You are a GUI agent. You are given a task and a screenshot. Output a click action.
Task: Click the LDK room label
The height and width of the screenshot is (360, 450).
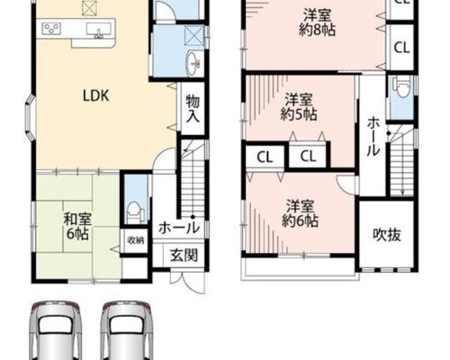tap(95, 95)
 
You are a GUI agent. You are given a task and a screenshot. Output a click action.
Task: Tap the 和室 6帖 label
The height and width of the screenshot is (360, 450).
tap(77, 226)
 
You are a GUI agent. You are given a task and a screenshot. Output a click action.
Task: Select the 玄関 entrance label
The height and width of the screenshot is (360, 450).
tap(184, 256)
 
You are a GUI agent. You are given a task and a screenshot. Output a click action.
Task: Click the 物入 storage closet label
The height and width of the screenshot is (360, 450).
tap(193, 109)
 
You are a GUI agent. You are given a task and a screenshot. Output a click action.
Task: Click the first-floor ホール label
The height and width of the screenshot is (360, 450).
tap(179, 228)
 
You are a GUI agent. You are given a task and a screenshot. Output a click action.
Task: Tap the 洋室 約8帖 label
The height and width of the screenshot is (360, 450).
tap(317, 22)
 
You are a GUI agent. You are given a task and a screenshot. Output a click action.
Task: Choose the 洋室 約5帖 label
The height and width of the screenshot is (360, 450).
tap(299, 107)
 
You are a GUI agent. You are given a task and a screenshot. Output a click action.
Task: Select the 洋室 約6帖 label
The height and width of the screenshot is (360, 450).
tap(300, 213)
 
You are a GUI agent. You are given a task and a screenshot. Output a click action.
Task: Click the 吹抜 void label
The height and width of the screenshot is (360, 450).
tap(387, 235)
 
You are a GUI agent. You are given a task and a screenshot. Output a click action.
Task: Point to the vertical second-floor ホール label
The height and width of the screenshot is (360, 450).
tap(373, 137)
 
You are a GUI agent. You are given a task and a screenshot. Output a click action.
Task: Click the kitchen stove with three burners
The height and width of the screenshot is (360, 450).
tap(51, 29)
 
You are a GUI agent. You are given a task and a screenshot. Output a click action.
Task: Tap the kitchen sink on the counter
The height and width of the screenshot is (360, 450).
tap(98, 30)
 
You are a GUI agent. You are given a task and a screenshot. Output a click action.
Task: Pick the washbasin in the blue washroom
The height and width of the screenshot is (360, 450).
tap(194, 63)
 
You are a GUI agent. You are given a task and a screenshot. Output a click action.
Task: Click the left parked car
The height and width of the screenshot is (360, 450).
tap(56, 330)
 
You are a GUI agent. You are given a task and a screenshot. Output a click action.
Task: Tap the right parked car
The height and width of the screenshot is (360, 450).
tap(127, 330)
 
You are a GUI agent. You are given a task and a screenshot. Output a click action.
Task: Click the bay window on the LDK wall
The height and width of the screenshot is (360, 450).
tap(30, 118)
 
